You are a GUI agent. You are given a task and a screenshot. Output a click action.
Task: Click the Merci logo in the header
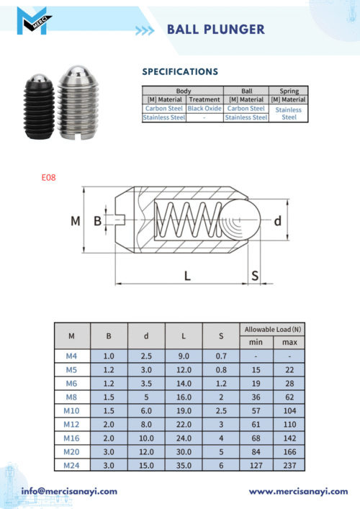coord(34,21)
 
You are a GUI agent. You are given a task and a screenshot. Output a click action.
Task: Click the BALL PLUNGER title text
coord(216,30)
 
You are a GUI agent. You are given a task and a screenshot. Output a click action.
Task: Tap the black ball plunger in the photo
coord(39,107)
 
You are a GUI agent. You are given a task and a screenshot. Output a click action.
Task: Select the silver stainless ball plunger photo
coord(78,102)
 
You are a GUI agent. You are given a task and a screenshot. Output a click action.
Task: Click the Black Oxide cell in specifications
coord(204,109)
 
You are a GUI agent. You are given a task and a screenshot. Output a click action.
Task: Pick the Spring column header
coord(289,91)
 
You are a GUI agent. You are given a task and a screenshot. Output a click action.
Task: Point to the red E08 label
coord(49,178)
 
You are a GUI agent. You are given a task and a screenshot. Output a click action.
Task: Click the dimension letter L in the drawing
coord(187,276)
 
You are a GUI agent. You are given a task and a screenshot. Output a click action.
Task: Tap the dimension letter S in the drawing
coord(255,276)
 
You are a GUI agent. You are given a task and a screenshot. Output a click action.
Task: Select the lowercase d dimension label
coord(277,221)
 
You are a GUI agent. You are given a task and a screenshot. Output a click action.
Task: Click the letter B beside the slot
coord(97,221)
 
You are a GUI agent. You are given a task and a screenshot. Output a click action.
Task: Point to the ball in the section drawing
coord(241,220)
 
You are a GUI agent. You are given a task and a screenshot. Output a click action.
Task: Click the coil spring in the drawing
coord(189,220)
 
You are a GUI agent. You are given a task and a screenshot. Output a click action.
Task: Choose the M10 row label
coord(71,410)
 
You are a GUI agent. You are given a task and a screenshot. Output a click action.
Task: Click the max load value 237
coord(289,465)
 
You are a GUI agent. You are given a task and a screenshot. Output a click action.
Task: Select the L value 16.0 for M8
coord(184,397)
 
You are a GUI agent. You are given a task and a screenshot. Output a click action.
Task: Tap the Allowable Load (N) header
coord(273,330)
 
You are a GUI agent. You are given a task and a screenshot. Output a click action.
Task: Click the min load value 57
coord(256,410)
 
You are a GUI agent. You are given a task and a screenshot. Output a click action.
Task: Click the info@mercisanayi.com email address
coord(69,491)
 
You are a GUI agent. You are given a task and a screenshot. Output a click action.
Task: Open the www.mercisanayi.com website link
coord(298,492)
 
